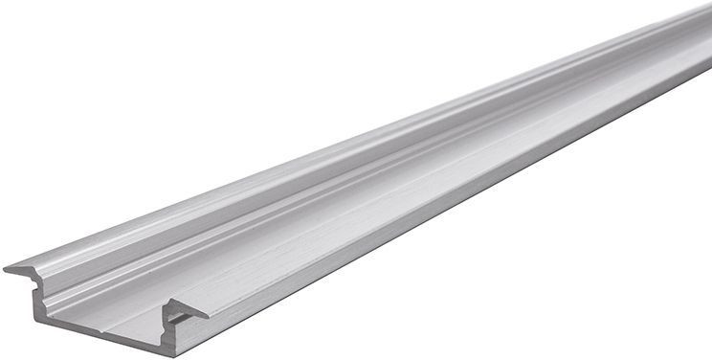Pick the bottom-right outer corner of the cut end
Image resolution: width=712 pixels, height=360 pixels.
pyautogui.click(x=175, y=356)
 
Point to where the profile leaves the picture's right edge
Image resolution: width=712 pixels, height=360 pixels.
pyautogui.click(x=708, y=38)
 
